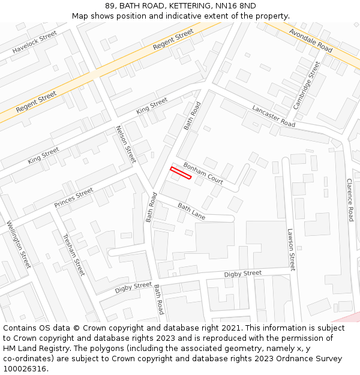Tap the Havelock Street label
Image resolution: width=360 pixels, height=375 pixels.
pyautogui.click(x=34, y=43)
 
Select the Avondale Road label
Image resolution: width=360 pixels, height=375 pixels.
pyautogui.click(x=310, y=40)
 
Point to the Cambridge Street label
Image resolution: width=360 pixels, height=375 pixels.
pyautogui.click(x=307, y=85)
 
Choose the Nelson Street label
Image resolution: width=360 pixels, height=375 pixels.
pyautogui.click(x=126, y=144)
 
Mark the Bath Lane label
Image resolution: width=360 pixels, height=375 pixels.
pyautogui.click(x=191, y=211)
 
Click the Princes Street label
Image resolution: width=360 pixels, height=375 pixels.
pyautogui.click(x=74, y=198)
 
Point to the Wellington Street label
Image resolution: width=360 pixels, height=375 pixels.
pyautogui.click(x=19, y=245)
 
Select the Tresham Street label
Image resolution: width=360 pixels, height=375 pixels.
pyautogui.click(x=74, y=255)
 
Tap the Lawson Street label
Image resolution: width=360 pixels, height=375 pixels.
pyautogui.click(x=291, y=250)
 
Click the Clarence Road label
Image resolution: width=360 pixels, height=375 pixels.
pyautogui.click(x=350, y=200)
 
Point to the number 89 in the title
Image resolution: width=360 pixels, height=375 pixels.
pyautogui.click(x=110, y=6)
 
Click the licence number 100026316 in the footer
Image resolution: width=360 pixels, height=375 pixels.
pyautogui.click(x=26, y=369)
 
